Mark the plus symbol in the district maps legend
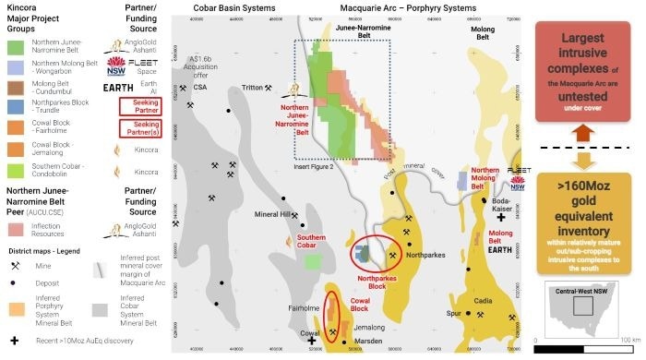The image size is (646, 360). click(15, 339)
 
